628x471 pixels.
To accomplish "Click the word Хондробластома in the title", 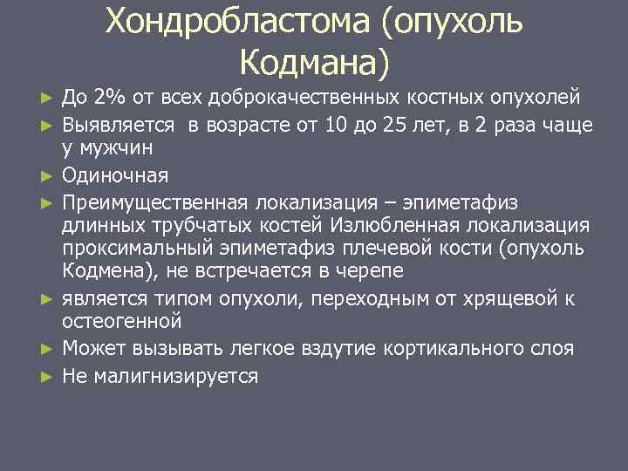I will [236, 23].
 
